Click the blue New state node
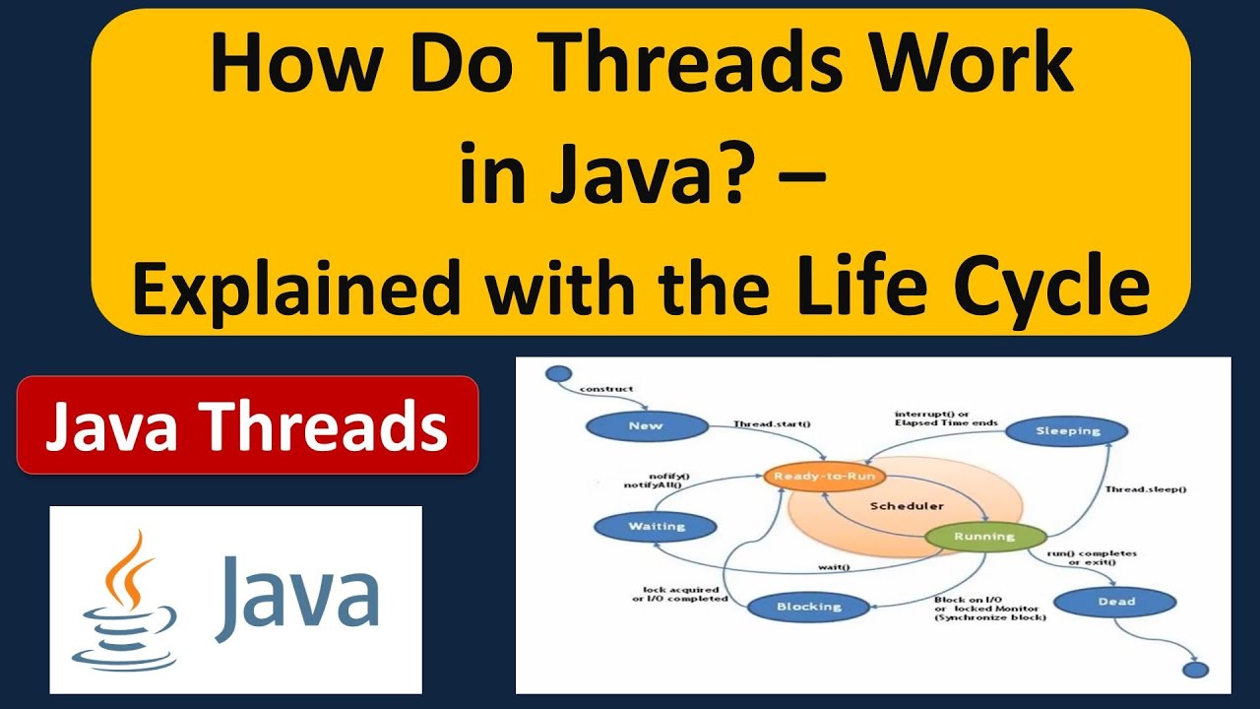[646, 426]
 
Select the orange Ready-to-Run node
[825, 477]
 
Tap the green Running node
[983, 537]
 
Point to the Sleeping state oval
[1068, 430]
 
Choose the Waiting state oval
[657, 526]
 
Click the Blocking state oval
[809, 607]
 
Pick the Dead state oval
[1115, 602]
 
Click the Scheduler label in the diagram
[907, 506]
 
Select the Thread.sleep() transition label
[1145, 489]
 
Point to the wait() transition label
[834, 567]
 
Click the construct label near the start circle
[606, 389]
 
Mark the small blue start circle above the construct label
[558, 374]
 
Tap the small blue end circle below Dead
[1195, 670]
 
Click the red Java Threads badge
[247, 425]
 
